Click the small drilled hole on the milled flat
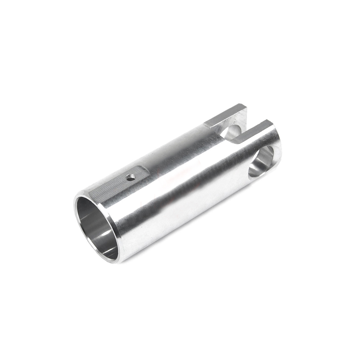tap(131, 177)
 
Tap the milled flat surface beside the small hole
tap(115, 185)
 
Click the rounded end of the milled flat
tap(146, 169)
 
